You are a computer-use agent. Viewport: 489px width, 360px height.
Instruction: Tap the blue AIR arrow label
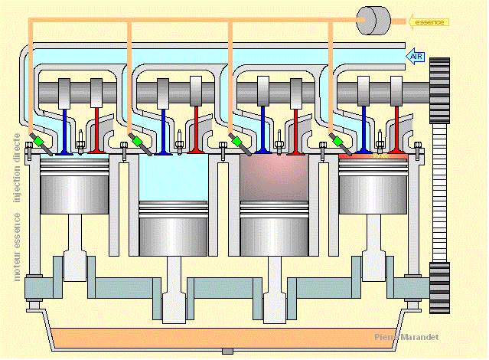pos(416,56)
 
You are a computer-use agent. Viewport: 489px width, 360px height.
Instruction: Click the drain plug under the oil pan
pos(227,351)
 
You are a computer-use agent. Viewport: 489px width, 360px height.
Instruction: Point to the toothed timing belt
pos(438,191)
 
